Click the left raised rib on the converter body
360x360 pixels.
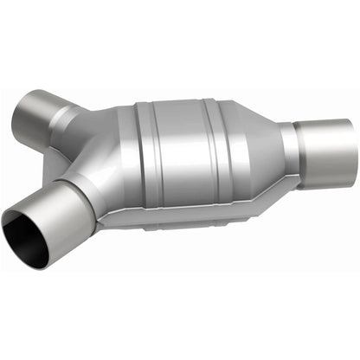coord(143,160)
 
